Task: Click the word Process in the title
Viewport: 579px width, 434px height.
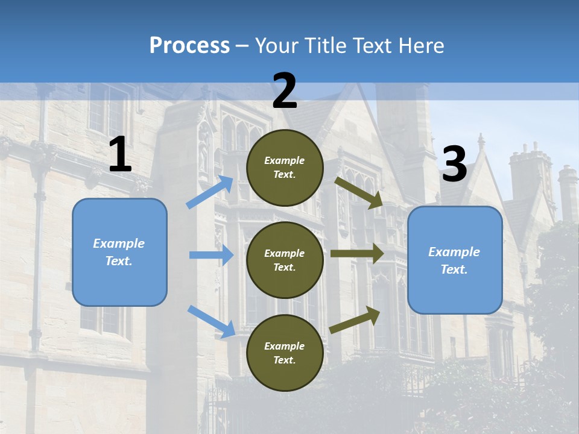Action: pos(189,45)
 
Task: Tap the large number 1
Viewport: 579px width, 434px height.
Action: pos(120,155)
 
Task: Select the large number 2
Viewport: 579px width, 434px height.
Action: pos(285,92)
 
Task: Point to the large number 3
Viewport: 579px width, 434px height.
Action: pos(454,165)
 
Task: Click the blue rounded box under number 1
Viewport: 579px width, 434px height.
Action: pos(119,252)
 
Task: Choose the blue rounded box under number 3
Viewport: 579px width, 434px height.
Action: pos(455,260)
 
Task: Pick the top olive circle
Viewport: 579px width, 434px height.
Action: pos(285,168)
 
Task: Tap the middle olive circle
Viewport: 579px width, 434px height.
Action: pos(285,260)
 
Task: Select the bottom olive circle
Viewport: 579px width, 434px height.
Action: pos(285,353)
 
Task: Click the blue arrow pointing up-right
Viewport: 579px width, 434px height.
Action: pos(210,192)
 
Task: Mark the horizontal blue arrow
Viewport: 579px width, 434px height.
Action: pos(211,255)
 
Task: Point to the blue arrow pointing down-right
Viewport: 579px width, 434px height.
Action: pos(211,321)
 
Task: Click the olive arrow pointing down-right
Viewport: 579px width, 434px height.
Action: pos(359,192)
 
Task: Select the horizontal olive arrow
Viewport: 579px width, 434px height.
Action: pos(357,254)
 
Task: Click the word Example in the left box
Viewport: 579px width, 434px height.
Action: pos(119,244)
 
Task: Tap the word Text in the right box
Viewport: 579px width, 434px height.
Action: pos(454,269)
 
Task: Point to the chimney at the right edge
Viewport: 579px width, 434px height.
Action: pos(568,193)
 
